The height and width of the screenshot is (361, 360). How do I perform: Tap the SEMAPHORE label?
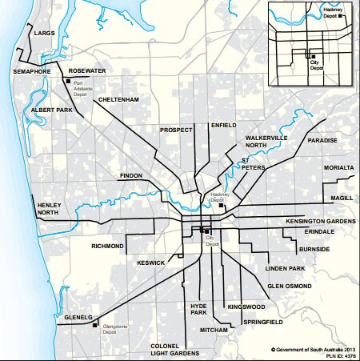tap(33, 71)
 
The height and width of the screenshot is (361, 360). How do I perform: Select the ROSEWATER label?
tap(87, 70)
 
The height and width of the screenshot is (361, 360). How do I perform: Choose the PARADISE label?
tap(322, 140)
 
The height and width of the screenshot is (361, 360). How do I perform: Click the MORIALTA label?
tap(338, 168)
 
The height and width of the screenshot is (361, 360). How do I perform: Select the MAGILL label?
tap(342, 198)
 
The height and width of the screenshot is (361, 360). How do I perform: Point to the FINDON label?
tap(130, 174)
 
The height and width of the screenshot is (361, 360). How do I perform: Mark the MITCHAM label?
tap(214, 330)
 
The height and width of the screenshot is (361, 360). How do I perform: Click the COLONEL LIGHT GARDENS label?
tap(174, 350)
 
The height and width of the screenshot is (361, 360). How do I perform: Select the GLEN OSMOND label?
tap(290, 286)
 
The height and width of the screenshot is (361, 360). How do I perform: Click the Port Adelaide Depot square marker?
tap(67, 80)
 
